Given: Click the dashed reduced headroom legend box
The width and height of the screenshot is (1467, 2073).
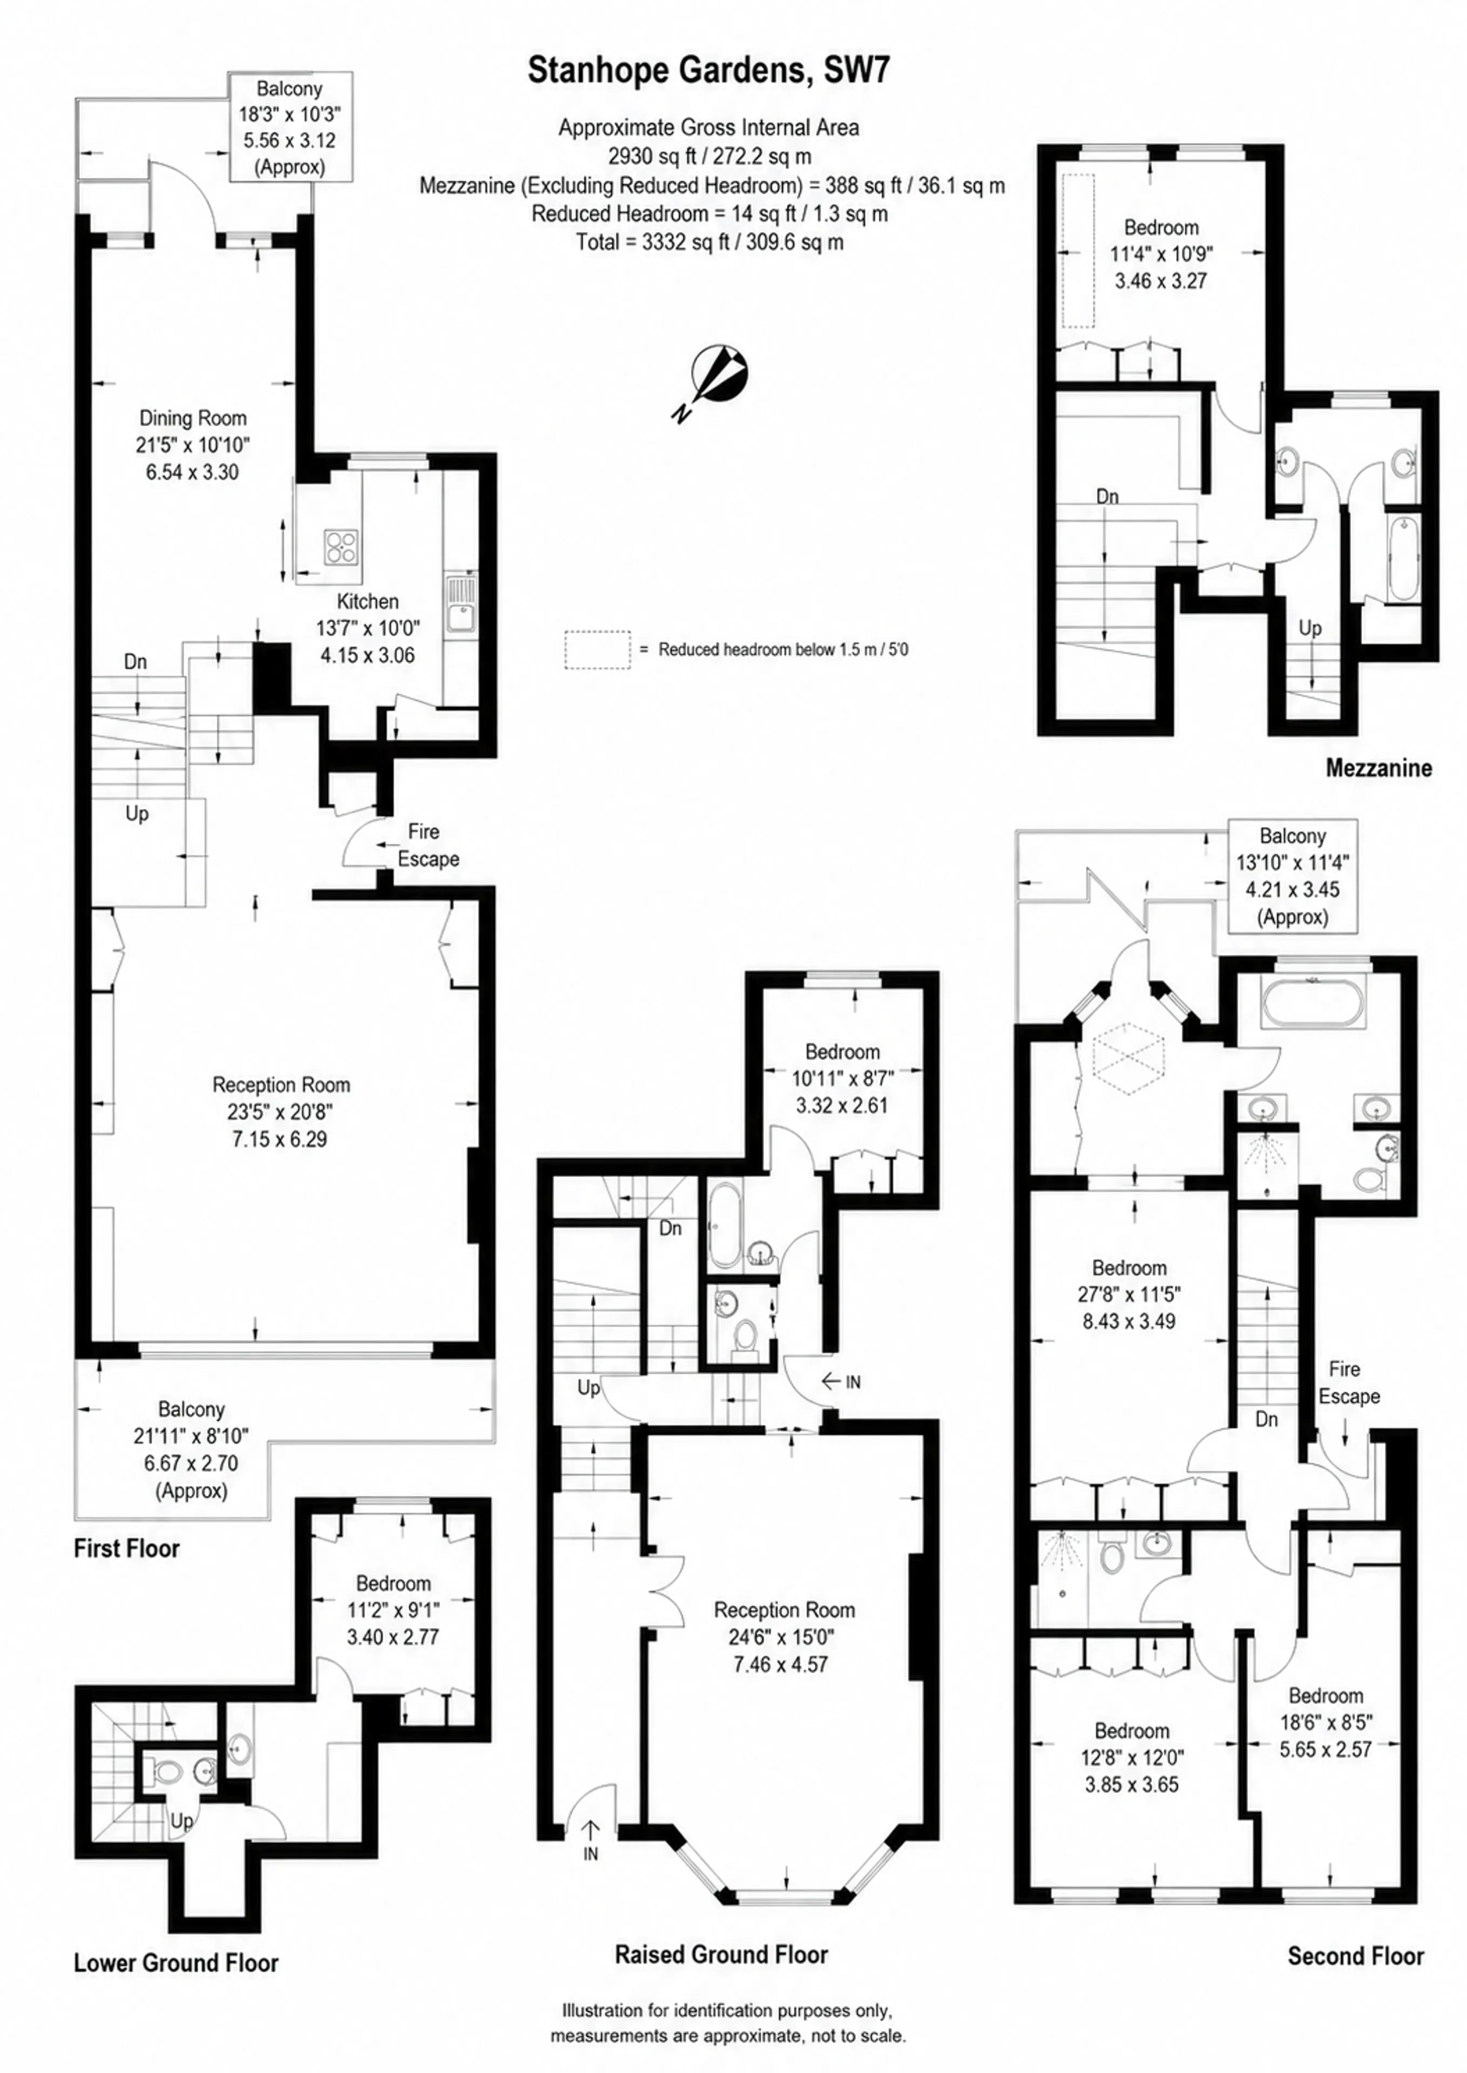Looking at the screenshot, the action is [597, 649].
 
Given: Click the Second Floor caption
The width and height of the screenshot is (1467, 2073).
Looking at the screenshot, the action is [1355, 1956].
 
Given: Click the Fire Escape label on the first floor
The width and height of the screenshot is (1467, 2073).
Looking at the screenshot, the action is [428, 844].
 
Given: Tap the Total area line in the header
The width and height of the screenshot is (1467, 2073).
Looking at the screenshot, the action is [710, 242].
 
